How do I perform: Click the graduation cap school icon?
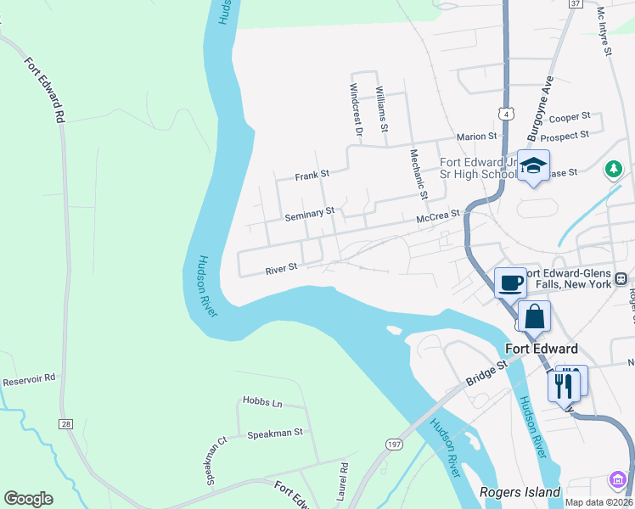tap(534, 165)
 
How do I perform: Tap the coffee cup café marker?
tap(510, 282)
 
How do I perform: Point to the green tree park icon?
tap(614, 171)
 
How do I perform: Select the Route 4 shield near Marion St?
tap(505, 112)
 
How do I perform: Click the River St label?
tap(281, 268)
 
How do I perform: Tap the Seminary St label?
tap(310, 215)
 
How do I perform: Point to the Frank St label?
tap(311, 176)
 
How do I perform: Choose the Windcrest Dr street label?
tap(357, 109)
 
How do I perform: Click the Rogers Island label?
tap(520, 492)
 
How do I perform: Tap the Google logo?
tap(28, 499)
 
